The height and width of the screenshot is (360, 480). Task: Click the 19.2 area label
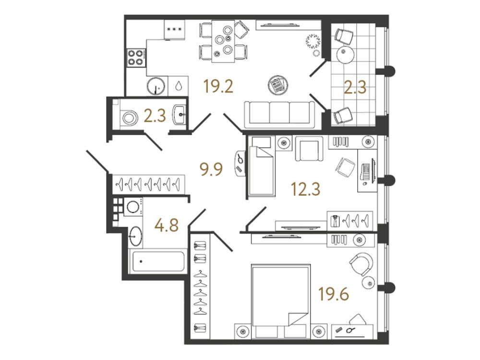[x=218, y=86]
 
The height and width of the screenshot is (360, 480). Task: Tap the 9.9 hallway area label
[x=211, y=169]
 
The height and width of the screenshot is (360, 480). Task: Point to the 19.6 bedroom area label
[x=334, y=294]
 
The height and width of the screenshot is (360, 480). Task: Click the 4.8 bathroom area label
[x=167, y=226]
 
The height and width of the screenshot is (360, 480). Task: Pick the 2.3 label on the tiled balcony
[x=355, y=87]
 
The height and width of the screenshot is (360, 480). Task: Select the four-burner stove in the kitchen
[x=136, y=58]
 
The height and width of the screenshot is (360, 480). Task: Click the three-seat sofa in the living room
[x=279, y=115]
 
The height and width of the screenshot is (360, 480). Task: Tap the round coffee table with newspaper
[x=278, y=84]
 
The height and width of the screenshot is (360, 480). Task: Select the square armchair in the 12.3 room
[x=309, y=148]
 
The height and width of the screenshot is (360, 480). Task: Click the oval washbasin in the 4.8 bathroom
[x=135, y=236]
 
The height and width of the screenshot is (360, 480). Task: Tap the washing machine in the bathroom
[x=133, y=206]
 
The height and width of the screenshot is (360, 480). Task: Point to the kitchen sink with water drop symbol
[x=178, y=86]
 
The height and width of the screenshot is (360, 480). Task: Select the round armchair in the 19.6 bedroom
[x=361, y=264]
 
